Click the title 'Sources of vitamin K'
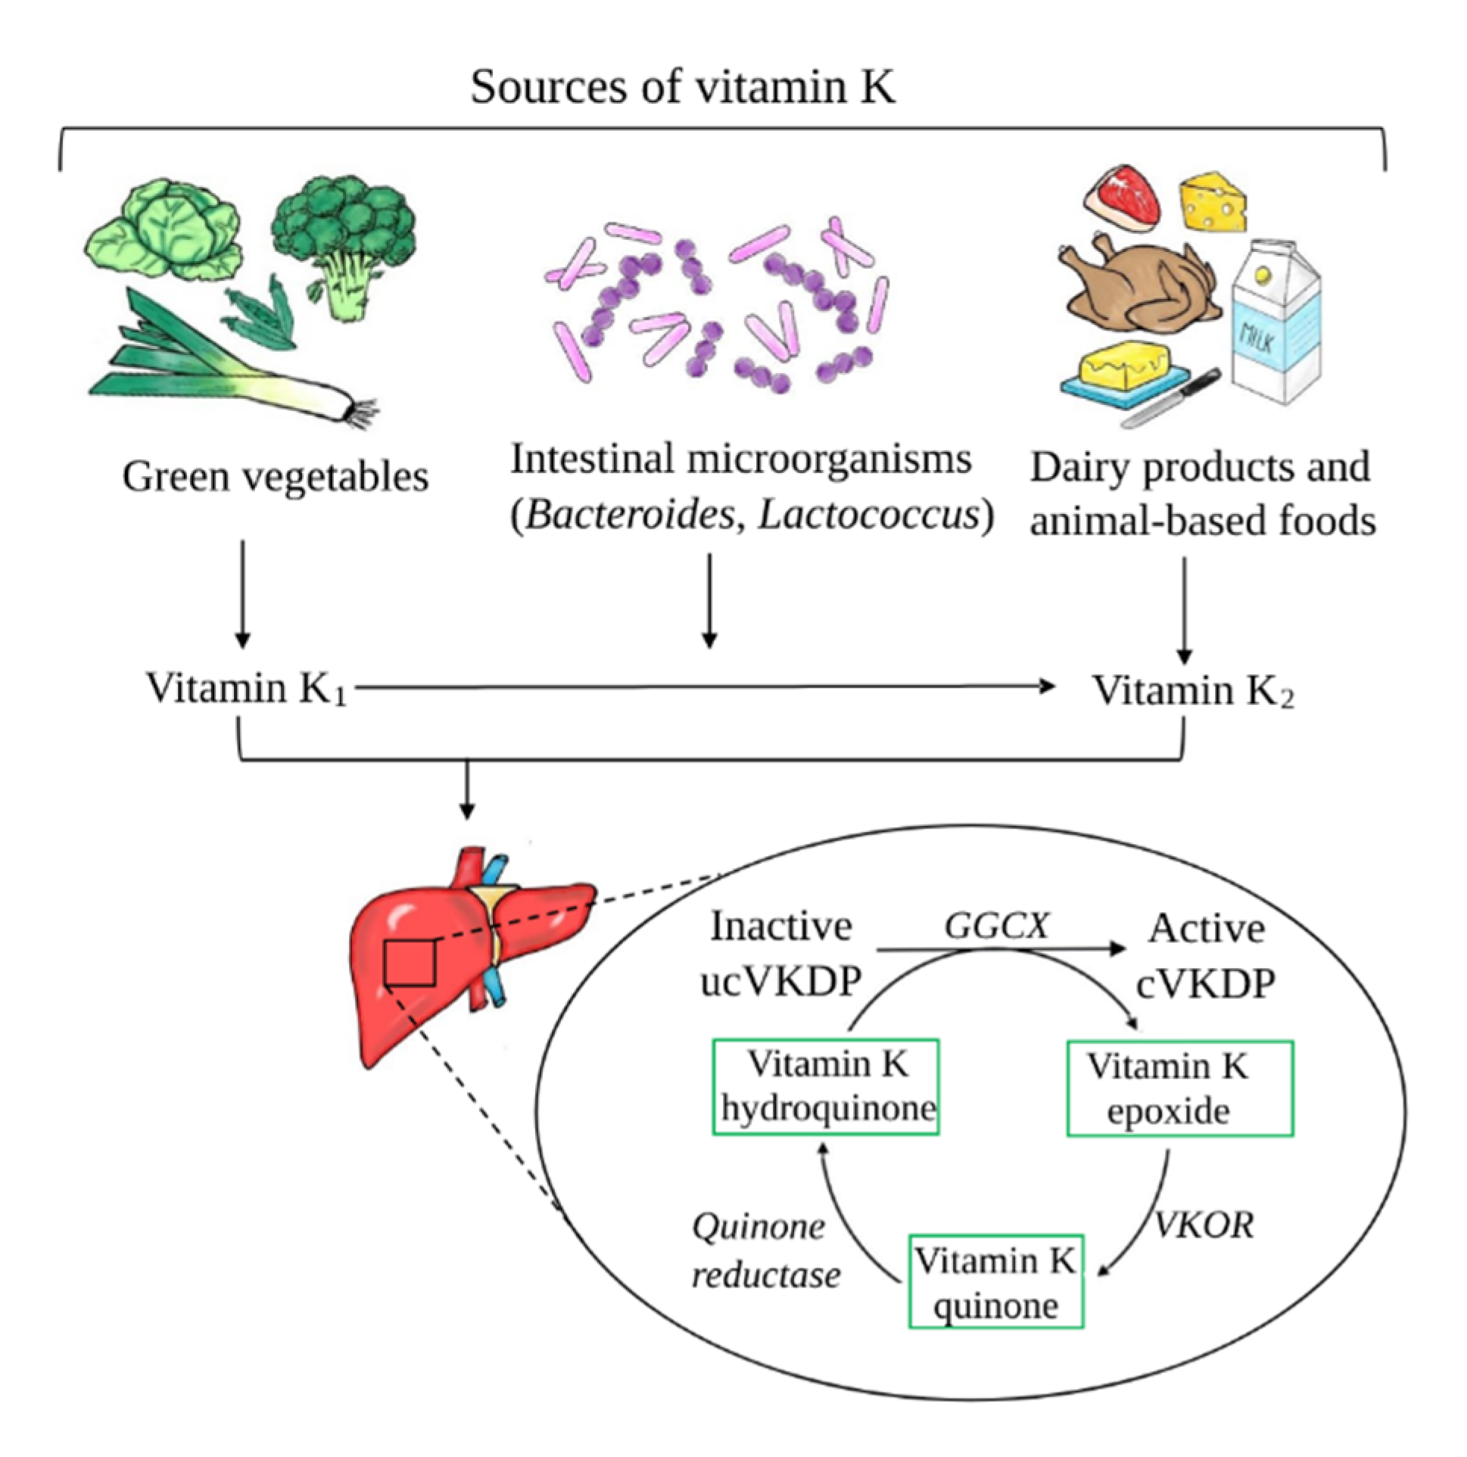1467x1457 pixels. click(x=682, y=86)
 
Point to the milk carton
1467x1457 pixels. click(x=1275, y=326)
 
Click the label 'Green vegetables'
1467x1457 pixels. click(x=275, y=478)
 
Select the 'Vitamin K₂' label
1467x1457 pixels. click(x=1192, y=691)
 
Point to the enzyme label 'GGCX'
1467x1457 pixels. click(x=996, y=926)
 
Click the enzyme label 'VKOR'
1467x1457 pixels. click(x=1204, y=1225)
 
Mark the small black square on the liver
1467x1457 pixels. click(x=410, y=963)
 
